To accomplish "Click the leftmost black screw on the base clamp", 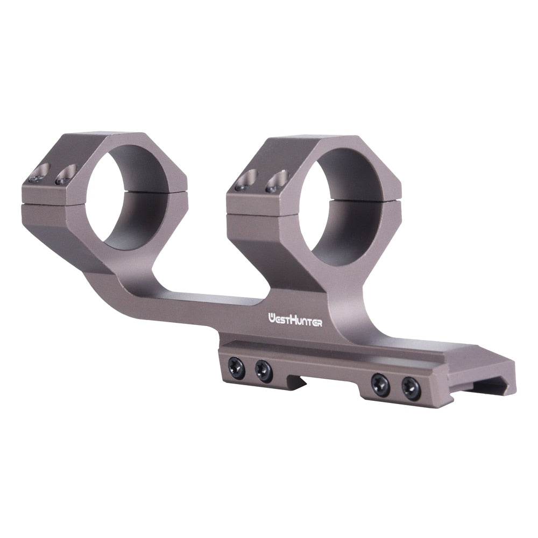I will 237,367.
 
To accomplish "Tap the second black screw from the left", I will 263,371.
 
